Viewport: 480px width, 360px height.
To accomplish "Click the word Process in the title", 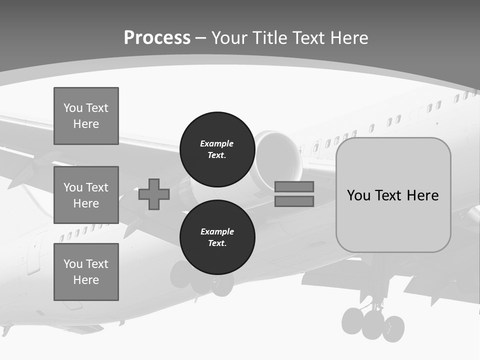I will point(157,38).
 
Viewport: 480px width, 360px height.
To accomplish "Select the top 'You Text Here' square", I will point(86,116).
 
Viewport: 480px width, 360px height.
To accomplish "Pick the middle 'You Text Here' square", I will point(86,195).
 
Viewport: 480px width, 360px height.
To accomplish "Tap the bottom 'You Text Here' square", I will point(86,272).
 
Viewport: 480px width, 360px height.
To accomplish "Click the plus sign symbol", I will point(154,194).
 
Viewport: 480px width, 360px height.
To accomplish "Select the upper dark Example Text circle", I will point(217,149).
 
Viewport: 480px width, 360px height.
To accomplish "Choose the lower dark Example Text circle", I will point(217,237).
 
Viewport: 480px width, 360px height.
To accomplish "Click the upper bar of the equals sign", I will point(294,186).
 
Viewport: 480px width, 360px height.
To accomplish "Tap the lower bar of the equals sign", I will point(294,201).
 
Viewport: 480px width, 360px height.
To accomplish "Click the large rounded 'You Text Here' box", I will point(393,195).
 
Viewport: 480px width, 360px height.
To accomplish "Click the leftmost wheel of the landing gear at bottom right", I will point(352,320).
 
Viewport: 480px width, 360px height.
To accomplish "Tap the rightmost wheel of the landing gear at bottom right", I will point(394,328).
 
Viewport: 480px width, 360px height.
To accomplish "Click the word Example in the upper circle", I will point(216,143).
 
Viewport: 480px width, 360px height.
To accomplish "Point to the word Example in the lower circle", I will point(217,231).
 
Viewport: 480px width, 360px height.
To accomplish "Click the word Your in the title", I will point(230,38).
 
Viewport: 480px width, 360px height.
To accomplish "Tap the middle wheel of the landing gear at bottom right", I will point(373,324).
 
